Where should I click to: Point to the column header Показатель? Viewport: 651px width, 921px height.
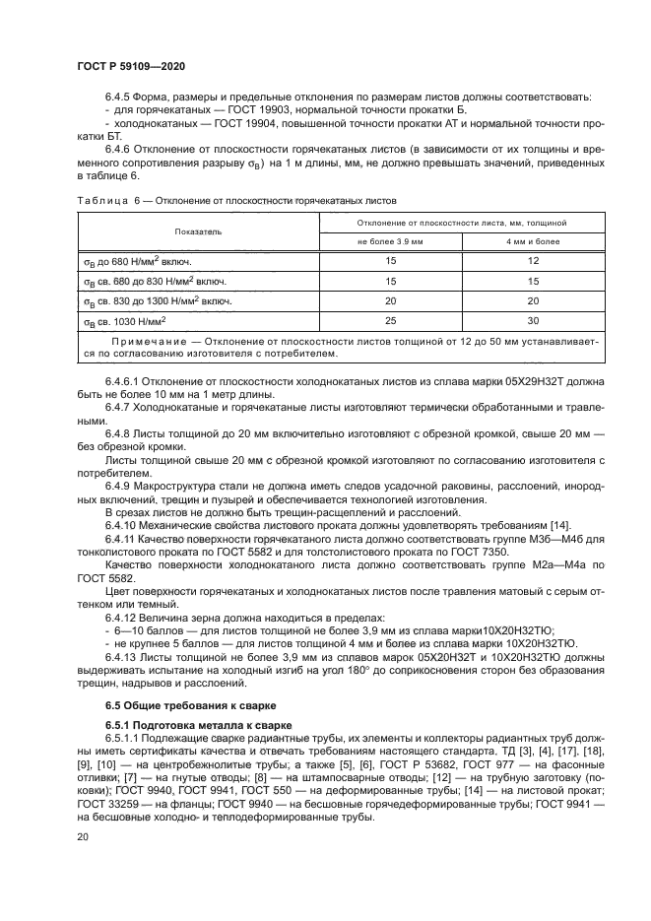[x=199, y=231]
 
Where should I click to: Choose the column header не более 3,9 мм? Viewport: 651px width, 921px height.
[x=390, y=241]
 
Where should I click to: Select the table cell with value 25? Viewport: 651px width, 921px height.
[x=390, y=320]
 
